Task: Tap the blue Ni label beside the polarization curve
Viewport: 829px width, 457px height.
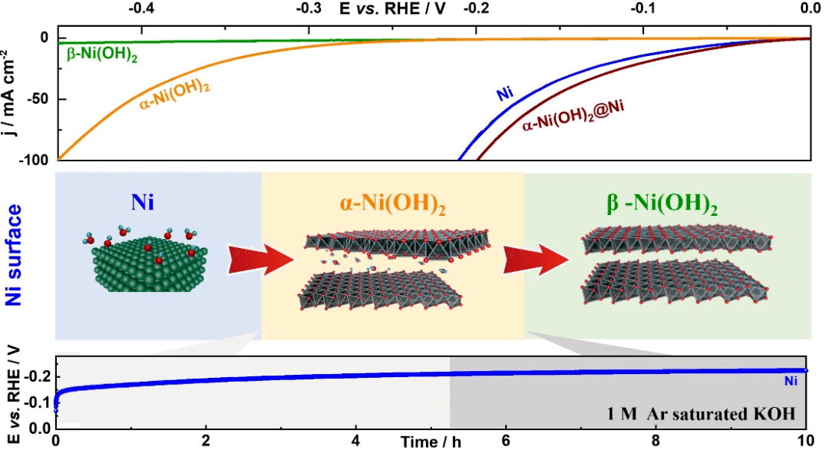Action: tap(504, 95)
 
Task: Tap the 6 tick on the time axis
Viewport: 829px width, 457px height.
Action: tap(506, 442)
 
